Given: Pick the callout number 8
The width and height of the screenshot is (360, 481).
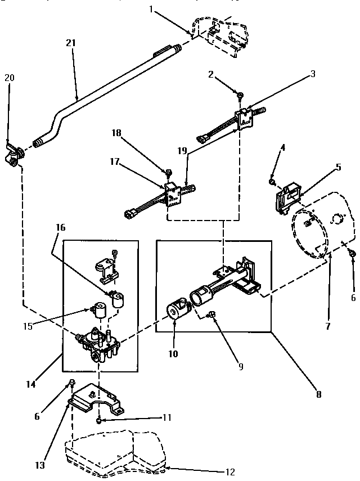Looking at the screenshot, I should coord(318,394).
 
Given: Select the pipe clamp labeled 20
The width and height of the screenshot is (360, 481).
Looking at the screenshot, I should coord(13,152).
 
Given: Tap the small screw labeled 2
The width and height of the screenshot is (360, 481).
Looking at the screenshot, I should coord(240,96).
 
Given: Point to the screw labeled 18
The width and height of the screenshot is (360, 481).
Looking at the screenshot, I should coord(168,171).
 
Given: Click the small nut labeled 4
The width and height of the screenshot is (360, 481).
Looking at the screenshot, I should coord(272,182).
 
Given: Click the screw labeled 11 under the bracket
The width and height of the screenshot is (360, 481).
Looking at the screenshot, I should coord(99,420).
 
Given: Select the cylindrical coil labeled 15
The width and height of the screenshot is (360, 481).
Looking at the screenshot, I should coord(101,311).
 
